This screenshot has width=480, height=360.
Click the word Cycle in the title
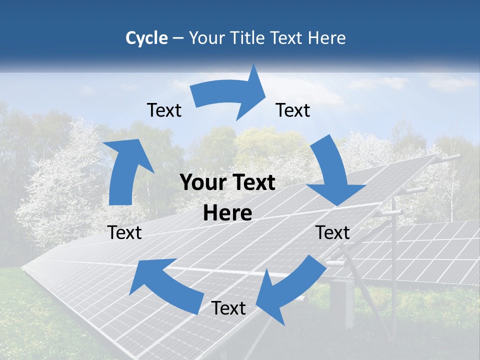146,38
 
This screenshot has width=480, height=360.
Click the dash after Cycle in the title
178,38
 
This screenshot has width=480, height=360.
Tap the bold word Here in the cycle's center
227,213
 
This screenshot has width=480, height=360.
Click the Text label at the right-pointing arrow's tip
293,110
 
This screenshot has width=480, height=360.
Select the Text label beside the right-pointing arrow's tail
164,110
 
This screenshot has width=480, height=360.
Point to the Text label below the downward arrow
332,233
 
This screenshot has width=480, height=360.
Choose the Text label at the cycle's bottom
228,308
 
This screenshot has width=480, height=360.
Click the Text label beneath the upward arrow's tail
125,233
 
